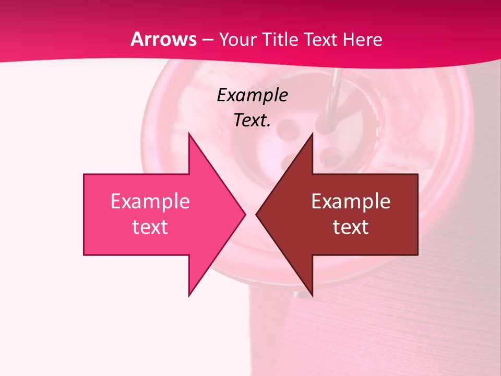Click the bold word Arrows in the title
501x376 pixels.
coord(164,39)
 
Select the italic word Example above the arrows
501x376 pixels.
coord(252,96)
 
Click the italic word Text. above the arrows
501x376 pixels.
coord(252,120)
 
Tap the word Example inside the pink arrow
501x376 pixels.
coord(150,202)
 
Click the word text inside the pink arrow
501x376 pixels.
coord(150,227)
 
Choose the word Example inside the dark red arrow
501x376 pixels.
coord(351,202)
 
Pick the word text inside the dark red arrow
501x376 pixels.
coord(351,227)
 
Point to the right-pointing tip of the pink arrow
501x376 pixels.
coord(245,214)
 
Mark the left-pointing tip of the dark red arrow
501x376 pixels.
coord(256,214)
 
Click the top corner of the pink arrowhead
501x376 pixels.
coord(189,134)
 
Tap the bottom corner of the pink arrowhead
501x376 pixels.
coord(189,296)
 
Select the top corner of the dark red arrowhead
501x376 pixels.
coord(312,134)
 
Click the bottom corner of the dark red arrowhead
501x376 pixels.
coord(312,296)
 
